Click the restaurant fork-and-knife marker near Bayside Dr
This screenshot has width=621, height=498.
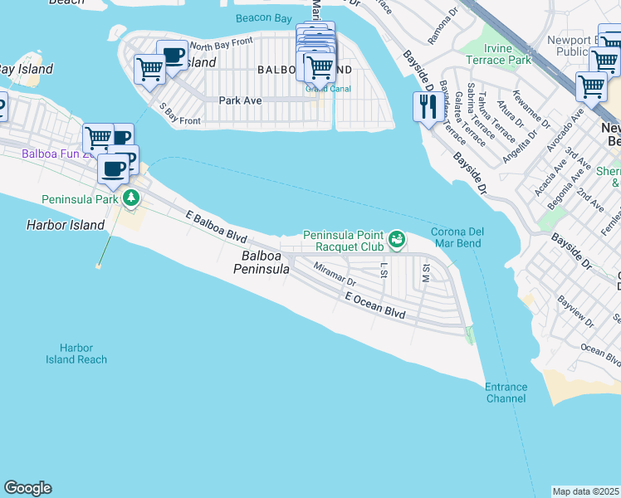pyautogui.click(x=428, y=107)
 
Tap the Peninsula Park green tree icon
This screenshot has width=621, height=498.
pyautogui.click(x=131, y=198)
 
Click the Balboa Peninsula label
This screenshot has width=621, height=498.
pyautogui.click(x=261, y=263)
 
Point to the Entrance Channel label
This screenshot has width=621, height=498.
pyautogui.click(x=506, y=393)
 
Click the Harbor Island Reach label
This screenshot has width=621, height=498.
pyautogui.click(x=76, y=354)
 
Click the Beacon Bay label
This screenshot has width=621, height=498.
pyautogui.click(x=263, y=17)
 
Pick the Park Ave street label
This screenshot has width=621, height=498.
pyautogui.click(x=240, y=100)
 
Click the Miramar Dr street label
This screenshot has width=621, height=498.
pyautogui.click(x=335, y=273)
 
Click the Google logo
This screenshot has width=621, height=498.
pyautogui.click(x=27, y=488)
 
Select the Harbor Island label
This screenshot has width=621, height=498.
pyautogui.click(x=66, y=225)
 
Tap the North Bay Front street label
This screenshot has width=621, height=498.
pyautogui.click(x=219, y=46)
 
